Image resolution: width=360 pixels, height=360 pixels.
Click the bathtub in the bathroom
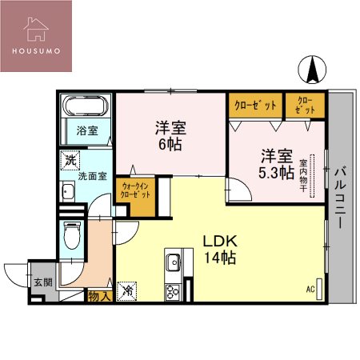pyautogui.click(x=86, y=107)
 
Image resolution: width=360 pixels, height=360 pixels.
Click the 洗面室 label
pyautogui.click(x=91, y=177)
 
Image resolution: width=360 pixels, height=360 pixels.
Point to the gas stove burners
pyautogui.click(x=173, y=291)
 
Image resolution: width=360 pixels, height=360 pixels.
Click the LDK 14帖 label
pyautogui.click(x=218, y=248)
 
